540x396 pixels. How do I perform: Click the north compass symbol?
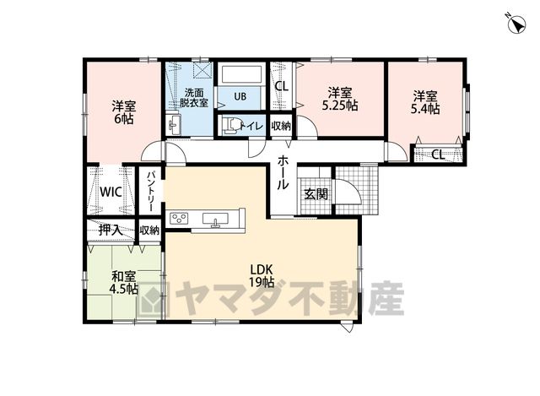(517, 24)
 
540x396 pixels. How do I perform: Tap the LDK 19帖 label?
(262, 275)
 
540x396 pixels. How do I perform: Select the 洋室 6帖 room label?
(124, 112)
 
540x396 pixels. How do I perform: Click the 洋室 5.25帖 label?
(339, 99)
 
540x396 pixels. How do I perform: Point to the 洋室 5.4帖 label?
(425, 102)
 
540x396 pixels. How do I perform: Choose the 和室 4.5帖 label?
(124, 282)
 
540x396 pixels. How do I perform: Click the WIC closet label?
(111, 192)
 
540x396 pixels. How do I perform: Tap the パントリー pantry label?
(150, 192)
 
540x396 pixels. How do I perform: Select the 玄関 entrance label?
(316, 195)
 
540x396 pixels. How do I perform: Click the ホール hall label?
(283, 172)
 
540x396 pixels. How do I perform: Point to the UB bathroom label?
(240, 96)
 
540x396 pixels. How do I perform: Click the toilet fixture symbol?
(232, 126)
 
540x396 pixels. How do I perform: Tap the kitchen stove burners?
(179, 218)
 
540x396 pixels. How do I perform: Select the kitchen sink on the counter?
(215, 220)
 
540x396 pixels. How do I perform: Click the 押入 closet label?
(111, 230)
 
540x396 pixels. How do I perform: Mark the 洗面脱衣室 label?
(193, 98)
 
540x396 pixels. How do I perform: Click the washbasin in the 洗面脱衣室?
(175, 124)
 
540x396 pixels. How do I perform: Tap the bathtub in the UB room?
(242, 74)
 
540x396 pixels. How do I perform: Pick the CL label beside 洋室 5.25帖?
(281, 86)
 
